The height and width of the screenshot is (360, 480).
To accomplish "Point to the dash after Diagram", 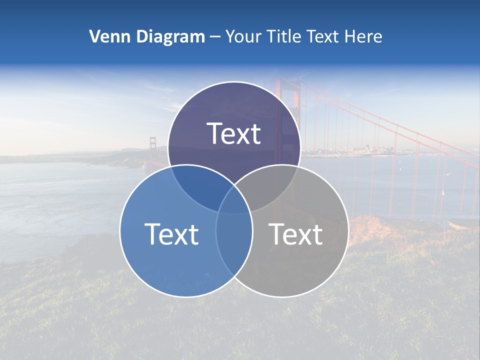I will [215, 37].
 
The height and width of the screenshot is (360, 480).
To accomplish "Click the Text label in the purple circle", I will [234, 133].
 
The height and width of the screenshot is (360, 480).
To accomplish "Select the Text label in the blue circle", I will [171, 234].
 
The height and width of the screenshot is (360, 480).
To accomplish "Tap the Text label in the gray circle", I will [295, 234].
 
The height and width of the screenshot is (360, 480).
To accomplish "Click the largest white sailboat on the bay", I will [442, 192].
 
